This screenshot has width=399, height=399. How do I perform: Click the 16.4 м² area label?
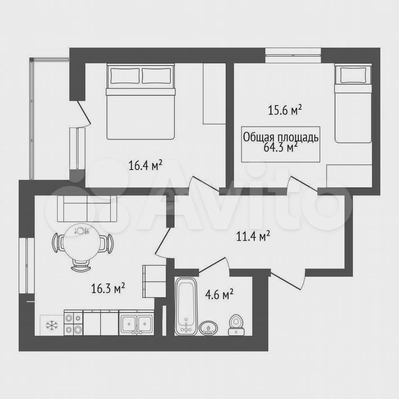click(x=145, y=165)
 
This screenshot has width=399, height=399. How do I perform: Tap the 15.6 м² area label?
click(x=285, y=110)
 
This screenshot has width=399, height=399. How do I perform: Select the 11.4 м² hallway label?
click(x=253, y=236)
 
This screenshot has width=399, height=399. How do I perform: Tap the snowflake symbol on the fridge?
click(x=52, y=325)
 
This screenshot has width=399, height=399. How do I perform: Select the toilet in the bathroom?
click(x=236, y=325)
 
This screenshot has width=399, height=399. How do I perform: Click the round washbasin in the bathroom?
click(x=208, y=328)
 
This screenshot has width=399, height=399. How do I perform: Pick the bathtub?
click(x=187, y=306)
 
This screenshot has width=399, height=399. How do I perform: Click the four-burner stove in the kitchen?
click(x=73, y=323)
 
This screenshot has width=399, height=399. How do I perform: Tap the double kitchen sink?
click(x=137, y=323)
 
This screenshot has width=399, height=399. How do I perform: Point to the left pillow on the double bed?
click(x=125, y=75)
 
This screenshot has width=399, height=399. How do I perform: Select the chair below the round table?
click(x=81, y=265)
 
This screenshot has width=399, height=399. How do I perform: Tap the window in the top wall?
click(x=293, y=55)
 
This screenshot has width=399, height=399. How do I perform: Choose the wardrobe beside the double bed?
click(x=214, y=94)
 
